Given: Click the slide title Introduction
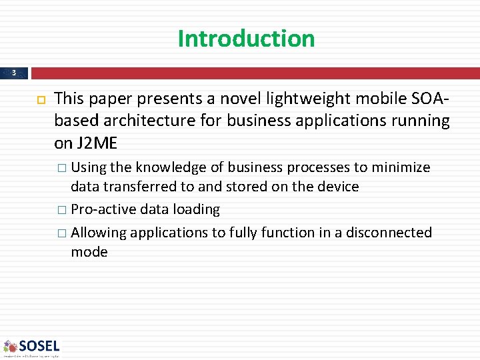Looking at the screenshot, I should [x=246, y=38].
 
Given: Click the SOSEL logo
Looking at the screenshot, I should [x=32, y=347].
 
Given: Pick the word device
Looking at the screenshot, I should [x=337, y=187].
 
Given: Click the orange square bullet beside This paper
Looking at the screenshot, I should [x=39, y=99].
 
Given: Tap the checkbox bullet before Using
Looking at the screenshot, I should [x=61, y=168].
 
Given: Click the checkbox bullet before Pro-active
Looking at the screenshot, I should [x=61, y=210].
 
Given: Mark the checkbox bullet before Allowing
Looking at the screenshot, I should [x=61, y=233].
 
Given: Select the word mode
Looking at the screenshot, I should [x=89, y=252].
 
